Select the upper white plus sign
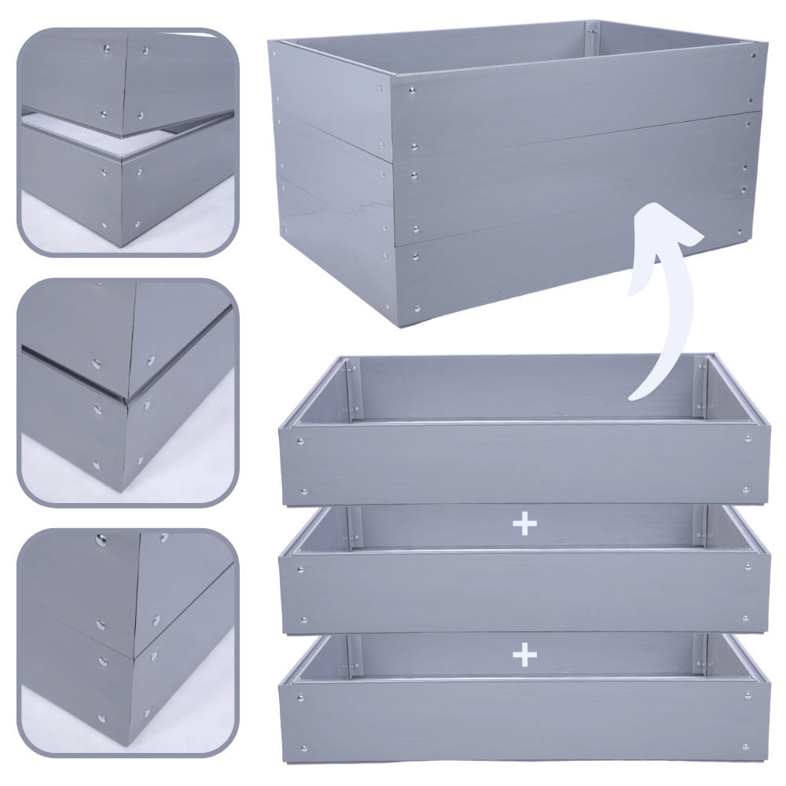coord(523,524)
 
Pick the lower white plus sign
coord(523,654)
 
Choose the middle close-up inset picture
coord(127,391)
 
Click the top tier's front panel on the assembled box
coord(574,102)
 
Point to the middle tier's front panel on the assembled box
coord(574,181)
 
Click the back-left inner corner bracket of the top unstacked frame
coord(353,389)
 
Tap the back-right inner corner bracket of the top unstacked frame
coord(700,389)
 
